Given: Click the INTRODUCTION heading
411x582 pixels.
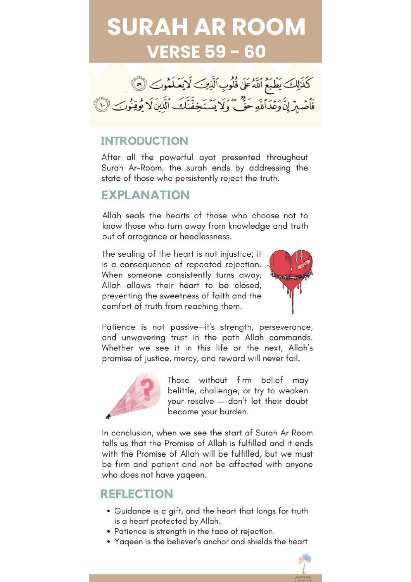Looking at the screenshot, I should [x=144, y=141].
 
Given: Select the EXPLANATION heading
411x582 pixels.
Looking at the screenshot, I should [x=145, y=195].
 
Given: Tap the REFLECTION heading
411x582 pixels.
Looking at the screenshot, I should [x=137, y=494].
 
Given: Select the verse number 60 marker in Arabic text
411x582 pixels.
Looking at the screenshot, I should [x=102, y=105].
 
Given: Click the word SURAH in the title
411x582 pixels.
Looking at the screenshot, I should [x=147, y=27].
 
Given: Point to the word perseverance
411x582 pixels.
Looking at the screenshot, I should [x=286, y=327].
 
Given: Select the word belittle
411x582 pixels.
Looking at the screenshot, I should [x=181, y=391].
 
